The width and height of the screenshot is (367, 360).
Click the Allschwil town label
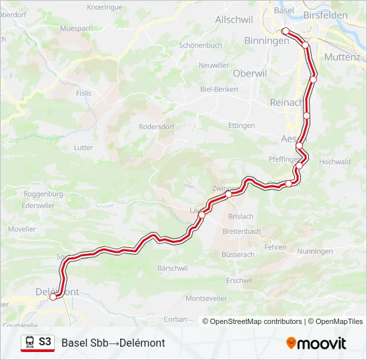233,20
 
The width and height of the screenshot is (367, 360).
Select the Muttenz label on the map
342,57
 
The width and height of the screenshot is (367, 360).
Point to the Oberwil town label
231,74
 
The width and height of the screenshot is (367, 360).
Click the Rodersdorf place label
155,126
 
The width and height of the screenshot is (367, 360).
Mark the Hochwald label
335,161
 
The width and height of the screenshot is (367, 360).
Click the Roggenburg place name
43,194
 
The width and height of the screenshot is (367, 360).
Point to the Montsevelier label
206,298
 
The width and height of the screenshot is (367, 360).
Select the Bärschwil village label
172,268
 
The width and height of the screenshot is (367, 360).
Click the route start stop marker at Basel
286,31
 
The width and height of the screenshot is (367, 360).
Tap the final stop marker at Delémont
53,297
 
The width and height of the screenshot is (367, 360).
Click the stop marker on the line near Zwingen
228,195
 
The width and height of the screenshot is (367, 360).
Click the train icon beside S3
29,342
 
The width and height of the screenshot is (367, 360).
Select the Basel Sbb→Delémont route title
113,343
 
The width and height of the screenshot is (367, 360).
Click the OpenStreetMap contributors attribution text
256,321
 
